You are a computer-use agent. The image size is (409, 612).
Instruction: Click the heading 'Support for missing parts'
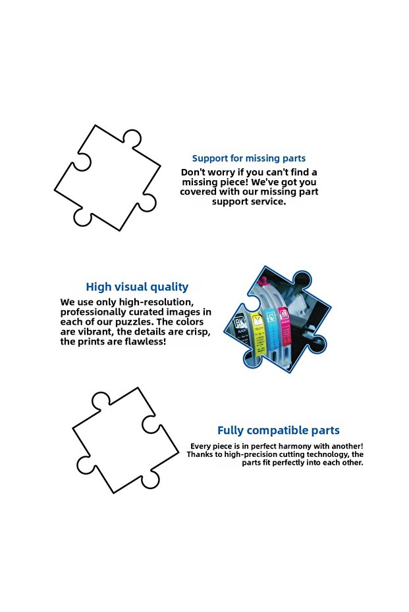(249, 158)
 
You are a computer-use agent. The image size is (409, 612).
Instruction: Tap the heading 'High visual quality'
(137, 287)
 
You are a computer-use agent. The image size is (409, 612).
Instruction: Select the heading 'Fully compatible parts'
(279, 430)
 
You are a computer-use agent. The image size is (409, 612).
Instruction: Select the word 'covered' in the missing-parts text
(198, 192)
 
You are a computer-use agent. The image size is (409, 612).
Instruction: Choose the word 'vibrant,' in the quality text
(95, 332)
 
